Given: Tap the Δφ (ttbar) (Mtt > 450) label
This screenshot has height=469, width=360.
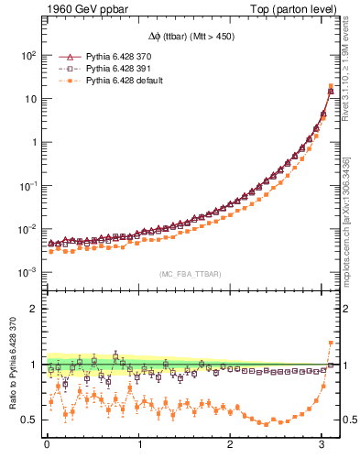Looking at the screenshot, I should (190, 38).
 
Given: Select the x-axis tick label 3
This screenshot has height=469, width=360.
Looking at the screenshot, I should (322, 446).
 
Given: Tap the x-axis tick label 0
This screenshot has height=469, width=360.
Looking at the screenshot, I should (47, 446).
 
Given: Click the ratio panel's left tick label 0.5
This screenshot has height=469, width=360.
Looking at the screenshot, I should (28, 420).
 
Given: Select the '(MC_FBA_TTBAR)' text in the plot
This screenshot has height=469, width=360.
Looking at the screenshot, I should (191, 271).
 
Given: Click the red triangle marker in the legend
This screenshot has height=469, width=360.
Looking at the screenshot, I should (67, 57).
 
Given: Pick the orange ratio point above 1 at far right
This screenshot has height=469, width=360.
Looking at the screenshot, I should (330, 344).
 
